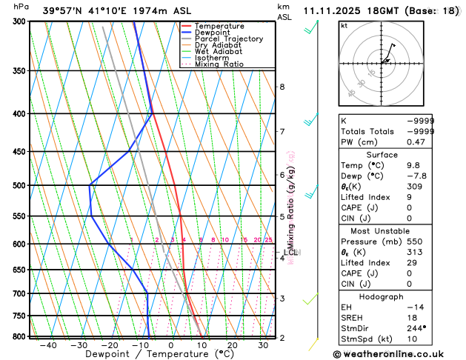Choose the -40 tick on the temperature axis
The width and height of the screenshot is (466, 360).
point(49,345)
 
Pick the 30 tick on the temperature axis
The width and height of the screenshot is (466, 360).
point(263,345)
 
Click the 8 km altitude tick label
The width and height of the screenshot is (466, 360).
point(282,87)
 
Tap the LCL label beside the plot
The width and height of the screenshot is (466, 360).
point(290,253)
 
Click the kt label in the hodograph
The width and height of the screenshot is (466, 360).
point(344,26)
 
